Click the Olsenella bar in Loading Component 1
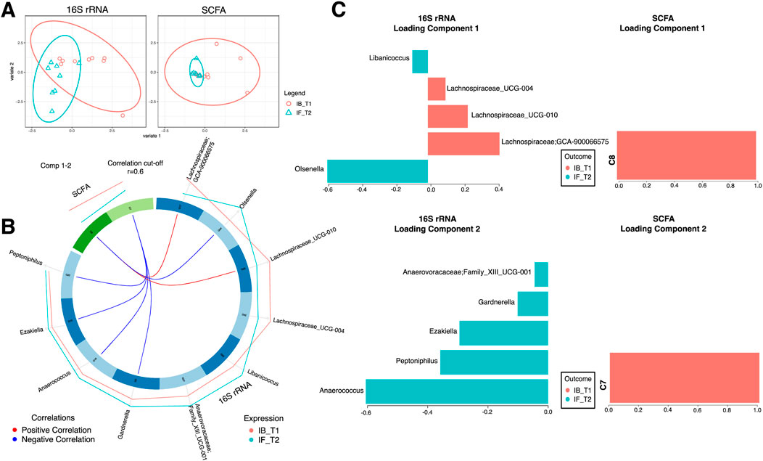point(377,169)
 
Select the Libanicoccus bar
point(420,61)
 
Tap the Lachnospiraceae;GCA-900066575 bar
point(463,142)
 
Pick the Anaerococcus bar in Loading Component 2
point(457,391)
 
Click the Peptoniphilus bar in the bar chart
point(494,363)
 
